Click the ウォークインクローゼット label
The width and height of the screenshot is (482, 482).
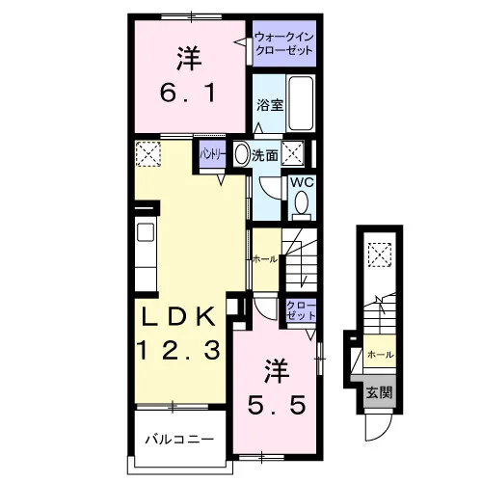(x=283, y=43)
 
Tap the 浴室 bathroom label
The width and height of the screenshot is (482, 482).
(x=270, y=105)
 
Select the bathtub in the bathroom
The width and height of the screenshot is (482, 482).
(x=301, y=103)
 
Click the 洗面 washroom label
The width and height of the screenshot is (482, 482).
(x=265, y=155)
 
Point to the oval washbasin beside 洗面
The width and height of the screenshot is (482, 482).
(x=242, y=154)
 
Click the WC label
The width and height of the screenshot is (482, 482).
(x=302, y=182)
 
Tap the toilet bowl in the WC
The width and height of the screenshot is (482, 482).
(x=302, y=202)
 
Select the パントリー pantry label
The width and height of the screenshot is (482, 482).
(x=213, y=155)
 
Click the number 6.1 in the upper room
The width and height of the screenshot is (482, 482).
(x=188, y=94)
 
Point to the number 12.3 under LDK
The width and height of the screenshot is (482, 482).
(x=178, y=350)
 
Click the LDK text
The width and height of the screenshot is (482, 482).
(x=179, y=316)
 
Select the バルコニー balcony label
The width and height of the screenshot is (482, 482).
(x=179, y=439)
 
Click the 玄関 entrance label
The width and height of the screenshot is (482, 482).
(x=380, y=392)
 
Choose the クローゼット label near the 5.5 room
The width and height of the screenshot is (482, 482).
(x=301, y=310)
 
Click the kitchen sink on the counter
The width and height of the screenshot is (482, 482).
(x=146, y=232)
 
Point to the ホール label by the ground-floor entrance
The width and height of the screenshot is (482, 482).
(x=381, y=355)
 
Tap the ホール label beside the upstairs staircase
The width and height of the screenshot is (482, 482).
(x=265, y=259)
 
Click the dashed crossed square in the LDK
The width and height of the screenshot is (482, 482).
(x=148, y=154)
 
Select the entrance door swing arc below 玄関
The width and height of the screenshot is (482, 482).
(x=382, y=431)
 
